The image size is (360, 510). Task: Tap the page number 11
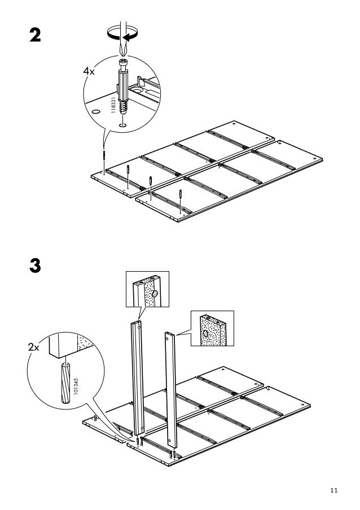coord(334,490)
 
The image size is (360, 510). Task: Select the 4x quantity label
coord(89,72)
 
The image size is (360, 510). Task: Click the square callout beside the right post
coord(212,329)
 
